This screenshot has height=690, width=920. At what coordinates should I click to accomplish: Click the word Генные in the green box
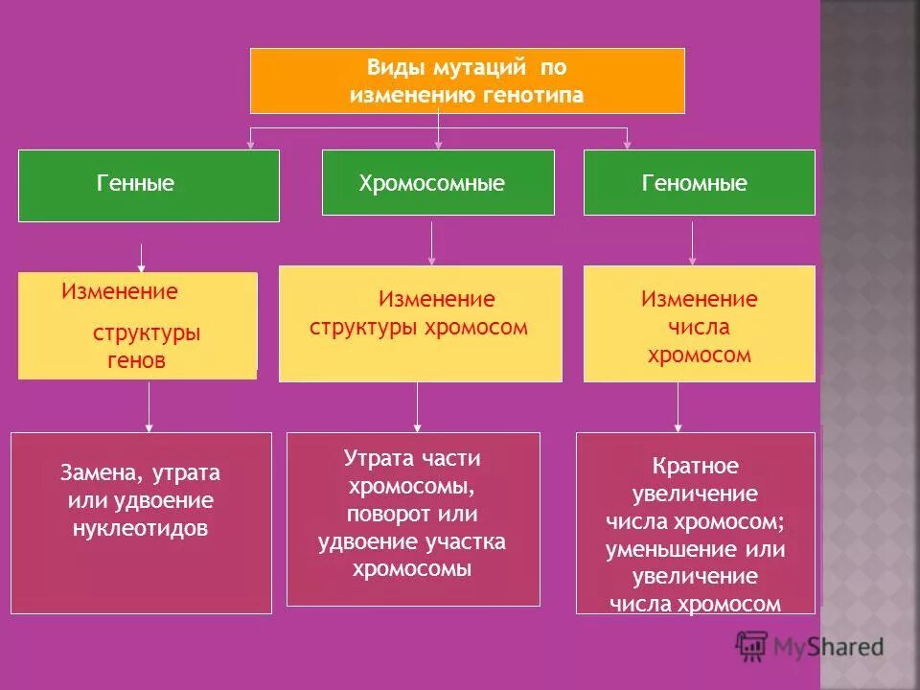[135, 183]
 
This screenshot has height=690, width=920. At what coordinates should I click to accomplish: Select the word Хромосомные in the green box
[431, 183]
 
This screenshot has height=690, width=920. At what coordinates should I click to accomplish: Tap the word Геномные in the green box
[695, 183]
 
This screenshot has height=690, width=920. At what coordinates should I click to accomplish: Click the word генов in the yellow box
[136, 361]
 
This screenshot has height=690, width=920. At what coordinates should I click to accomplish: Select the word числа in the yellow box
[700, 327]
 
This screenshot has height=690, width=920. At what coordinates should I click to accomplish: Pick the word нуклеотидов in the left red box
[141, 528]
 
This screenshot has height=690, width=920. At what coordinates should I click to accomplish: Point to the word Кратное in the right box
[695, 467]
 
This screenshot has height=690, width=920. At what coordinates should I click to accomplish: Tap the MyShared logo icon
[753, 646]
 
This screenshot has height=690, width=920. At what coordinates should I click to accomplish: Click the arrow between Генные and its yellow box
[142, 258]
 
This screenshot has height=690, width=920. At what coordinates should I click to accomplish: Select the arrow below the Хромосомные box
[432, 243]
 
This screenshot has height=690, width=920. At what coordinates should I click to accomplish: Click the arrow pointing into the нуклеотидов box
[149, 406]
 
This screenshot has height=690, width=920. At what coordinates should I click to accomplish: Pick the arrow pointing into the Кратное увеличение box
[678, 406]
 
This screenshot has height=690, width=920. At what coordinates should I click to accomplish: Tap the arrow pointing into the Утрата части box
[417, 406]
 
